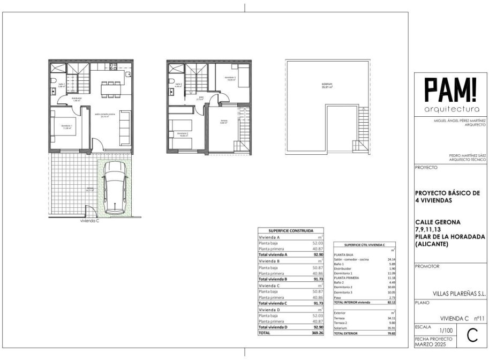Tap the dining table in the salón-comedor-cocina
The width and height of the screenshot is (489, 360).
point(111,88)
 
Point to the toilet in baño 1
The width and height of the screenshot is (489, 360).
point(55,81)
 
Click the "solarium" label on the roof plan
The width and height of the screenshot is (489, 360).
point(327,85)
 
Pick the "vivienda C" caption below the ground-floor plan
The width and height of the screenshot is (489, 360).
point(90,221)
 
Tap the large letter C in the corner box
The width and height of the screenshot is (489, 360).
point(472,336)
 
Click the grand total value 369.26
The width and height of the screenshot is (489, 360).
point(318,333)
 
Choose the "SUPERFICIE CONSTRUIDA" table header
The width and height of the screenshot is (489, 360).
point(291,230)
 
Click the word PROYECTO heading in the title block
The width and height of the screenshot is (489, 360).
point(426,168)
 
